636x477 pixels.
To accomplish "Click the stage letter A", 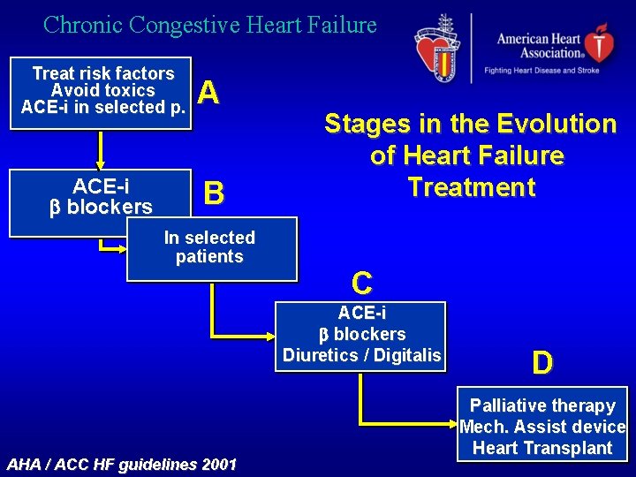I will point(208,93).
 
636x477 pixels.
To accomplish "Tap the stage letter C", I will point(361,283).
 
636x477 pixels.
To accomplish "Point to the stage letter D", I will point(542,362).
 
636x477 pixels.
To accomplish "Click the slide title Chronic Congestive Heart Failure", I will point(210,25).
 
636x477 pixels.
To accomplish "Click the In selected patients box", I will point(210,248).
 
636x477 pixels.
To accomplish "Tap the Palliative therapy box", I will point(541,426).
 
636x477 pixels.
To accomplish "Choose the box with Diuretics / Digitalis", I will point(361,335).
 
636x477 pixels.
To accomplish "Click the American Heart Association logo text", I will point(538,46).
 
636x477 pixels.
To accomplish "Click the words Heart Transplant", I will point(541,448).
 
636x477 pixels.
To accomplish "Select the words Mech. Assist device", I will point(541,427).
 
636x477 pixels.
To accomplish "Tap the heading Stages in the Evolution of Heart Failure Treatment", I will point(470,155).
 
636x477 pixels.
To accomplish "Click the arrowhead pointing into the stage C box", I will point(271,337).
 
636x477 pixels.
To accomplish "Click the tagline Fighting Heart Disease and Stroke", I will point(541,70).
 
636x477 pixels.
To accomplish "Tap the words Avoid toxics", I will point(102,91).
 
